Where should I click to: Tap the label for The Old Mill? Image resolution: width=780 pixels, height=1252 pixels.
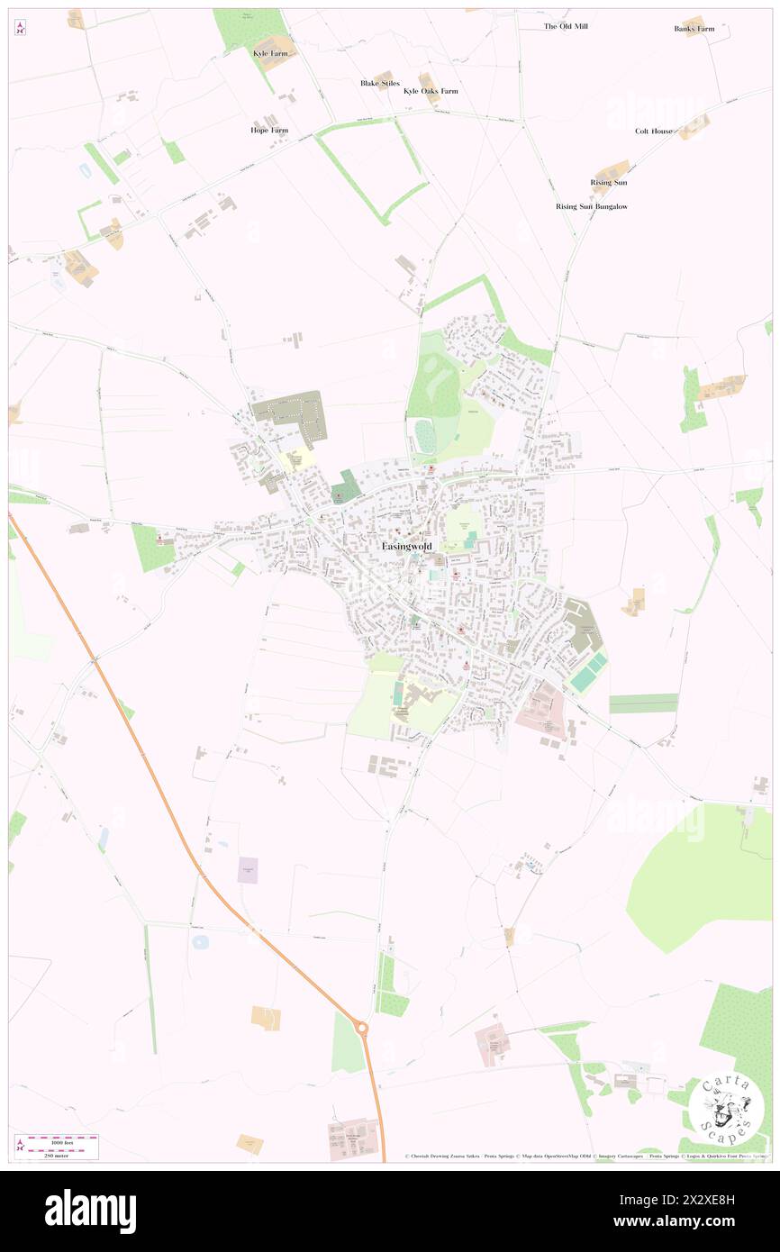pos(566,26)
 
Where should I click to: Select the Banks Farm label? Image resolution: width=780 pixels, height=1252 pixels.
pos(694,29)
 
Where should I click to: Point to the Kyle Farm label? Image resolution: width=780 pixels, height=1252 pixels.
pos(270,54)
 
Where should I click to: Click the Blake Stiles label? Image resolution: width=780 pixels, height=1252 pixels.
pos(379,83)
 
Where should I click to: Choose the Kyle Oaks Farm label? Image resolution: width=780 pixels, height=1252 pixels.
pos(431,91)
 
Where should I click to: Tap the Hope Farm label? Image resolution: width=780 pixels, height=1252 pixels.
pos(269,130)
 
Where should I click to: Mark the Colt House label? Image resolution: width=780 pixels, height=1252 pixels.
pos(653,131)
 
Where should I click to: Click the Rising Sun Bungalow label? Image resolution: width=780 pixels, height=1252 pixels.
pos(591,206)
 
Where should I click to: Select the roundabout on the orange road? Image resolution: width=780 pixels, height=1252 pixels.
pos(362,1027)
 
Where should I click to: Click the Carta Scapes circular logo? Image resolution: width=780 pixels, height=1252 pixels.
pos(726,1111)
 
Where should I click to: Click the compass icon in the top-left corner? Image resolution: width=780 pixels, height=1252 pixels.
pos(20,28)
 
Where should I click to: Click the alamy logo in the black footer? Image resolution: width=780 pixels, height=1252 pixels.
pos(90,1211)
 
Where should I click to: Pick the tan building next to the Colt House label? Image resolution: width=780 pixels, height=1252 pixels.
pos(694,127)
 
